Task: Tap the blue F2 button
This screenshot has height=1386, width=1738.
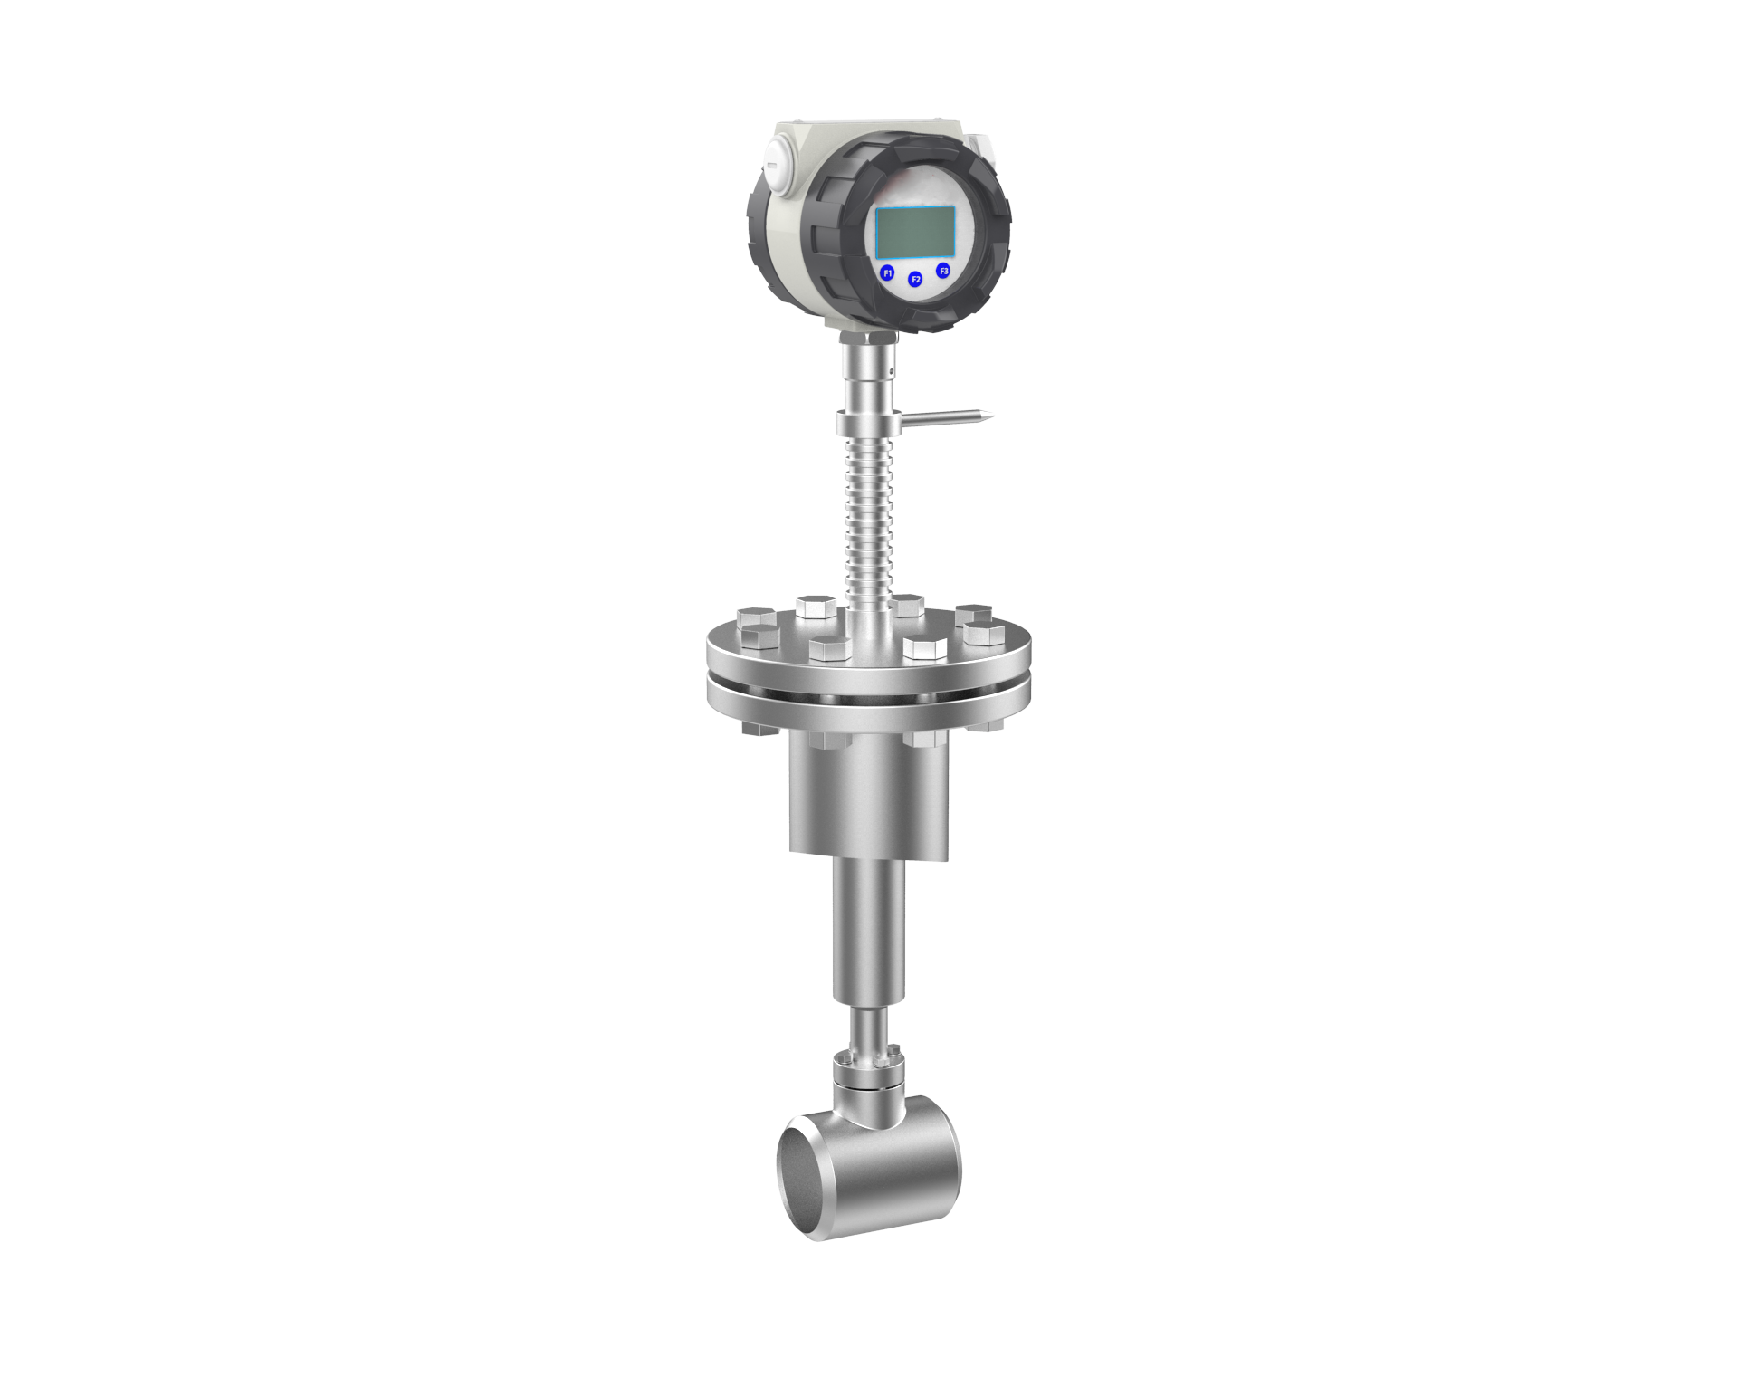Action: click(915, 280)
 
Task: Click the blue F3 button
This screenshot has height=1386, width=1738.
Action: click(943, 270)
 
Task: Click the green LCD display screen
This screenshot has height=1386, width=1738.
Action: click(916, 231)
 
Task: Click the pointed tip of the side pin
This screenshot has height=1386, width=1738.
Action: click(992, 416)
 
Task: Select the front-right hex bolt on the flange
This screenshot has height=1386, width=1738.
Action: click(922, 646)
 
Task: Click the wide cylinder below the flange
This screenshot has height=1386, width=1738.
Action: click(869, 797)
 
